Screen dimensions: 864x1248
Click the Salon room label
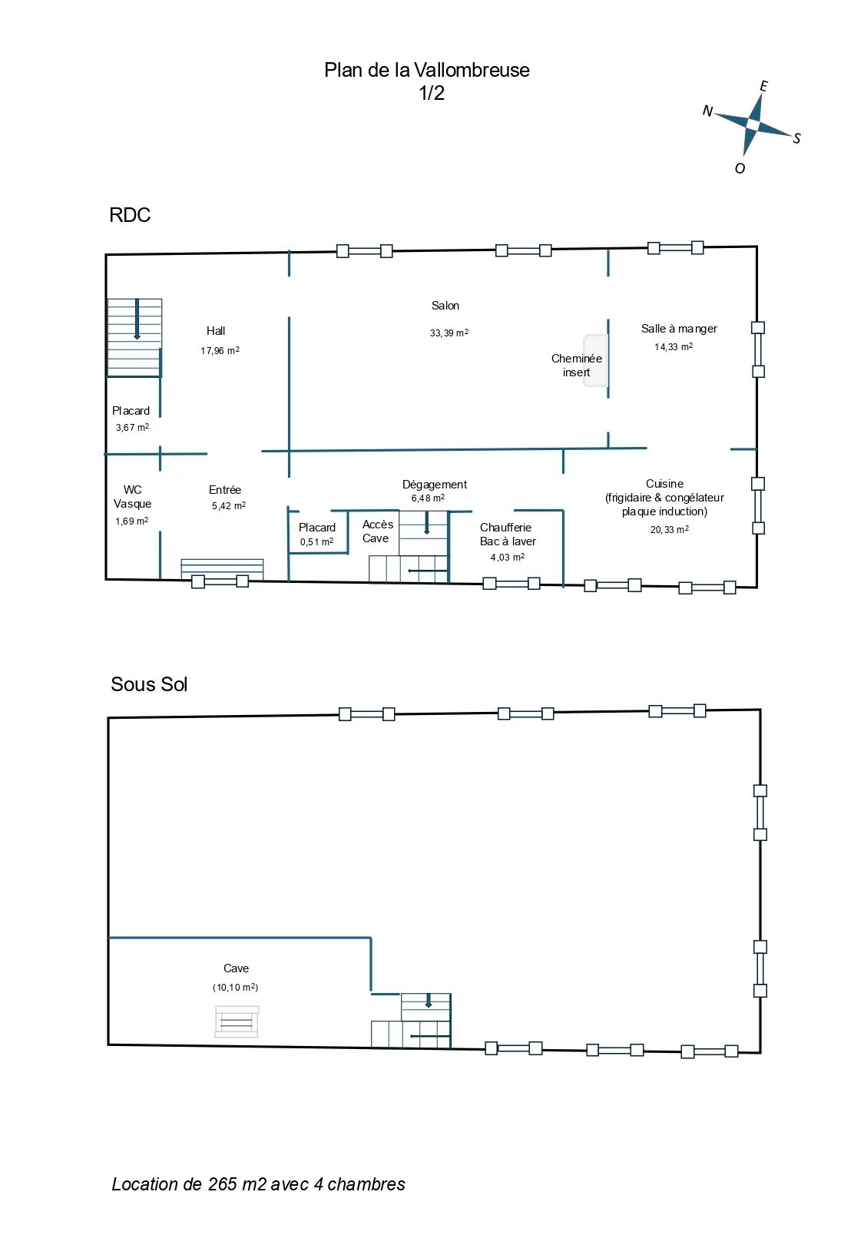point(445,306)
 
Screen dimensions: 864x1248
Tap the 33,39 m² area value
point(449,333)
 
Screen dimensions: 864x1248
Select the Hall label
point(216,331)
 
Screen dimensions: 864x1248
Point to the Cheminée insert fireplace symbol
point(595,360)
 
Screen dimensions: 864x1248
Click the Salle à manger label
point(679,329)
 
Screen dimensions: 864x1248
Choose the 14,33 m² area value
point(674,346)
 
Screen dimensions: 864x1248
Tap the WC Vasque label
point(133,496)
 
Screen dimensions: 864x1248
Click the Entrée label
point(225,490)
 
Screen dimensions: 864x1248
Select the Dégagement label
point(435,485)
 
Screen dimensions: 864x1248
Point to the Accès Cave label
point(378,531)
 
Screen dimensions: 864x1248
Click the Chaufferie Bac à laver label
point(508,534)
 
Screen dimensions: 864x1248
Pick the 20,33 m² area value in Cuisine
point(670,529)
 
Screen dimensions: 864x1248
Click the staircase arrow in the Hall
point(137,319)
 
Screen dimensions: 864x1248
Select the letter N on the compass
point(707,111)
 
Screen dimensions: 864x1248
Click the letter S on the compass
point(796,138)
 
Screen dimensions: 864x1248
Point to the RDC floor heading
point(130,215)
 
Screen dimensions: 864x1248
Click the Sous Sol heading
point(149,684)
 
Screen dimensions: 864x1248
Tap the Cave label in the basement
point(236,968)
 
